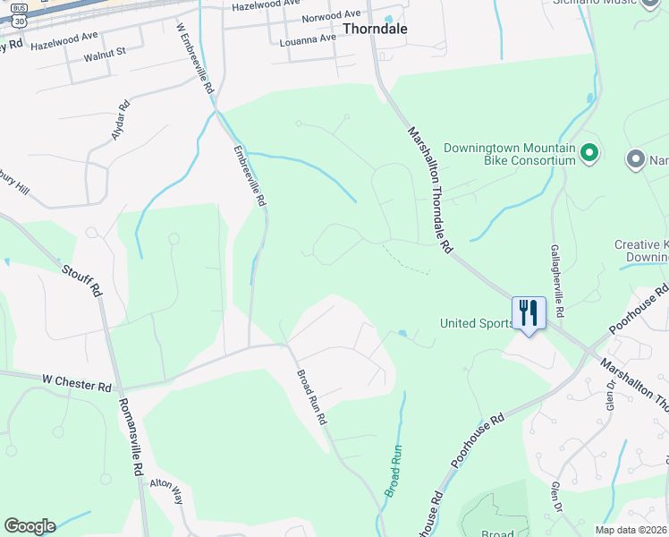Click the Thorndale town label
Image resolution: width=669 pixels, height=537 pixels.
click(x=376, y=29)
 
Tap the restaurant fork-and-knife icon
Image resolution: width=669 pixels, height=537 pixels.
click(x=529, y=313)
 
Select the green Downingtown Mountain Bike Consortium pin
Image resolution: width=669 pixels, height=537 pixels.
click(x=589, y=154)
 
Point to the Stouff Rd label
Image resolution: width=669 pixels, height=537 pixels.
click(x=80, y=280)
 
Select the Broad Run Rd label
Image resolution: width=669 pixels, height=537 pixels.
click(x=312, y=396)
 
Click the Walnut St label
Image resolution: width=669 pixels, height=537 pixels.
click(x=106, y=54)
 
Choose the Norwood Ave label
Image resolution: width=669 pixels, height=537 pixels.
click(x=330, y=17)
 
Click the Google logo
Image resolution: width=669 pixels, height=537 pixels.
click(x=30, y=525)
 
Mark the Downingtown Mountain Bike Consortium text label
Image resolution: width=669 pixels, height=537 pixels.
click(x=509, y=154)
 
